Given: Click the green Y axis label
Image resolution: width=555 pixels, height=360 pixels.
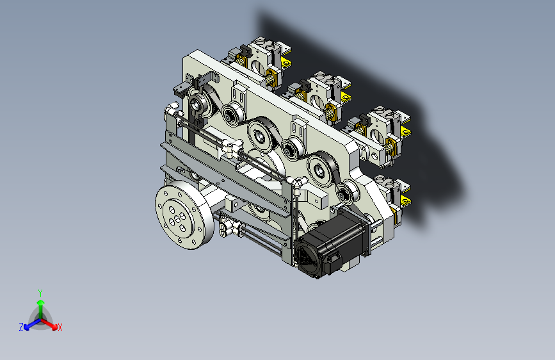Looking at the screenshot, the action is pyautogui.click(x=40, y=293).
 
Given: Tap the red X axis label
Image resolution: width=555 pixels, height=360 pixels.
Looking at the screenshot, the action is pyautogui.click(x=60, y=328).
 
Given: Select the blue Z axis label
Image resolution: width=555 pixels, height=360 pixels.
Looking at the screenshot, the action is pyautogui.click(x=21, y=327).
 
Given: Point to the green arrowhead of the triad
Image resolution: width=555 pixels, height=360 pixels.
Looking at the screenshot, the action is pyautogui.click(x=41, y=303).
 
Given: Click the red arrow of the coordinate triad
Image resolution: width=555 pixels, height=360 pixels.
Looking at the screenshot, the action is pyautogui.click(x=49, y=323).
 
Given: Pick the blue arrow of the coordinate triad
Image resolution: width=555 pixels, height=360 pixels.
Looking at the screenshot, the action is pyautogui.click(x=33, y=324).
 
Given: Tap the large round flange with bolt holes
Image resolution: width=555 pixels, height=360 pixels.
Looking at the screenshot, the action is pyautogui.click(x=184, y=215).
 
